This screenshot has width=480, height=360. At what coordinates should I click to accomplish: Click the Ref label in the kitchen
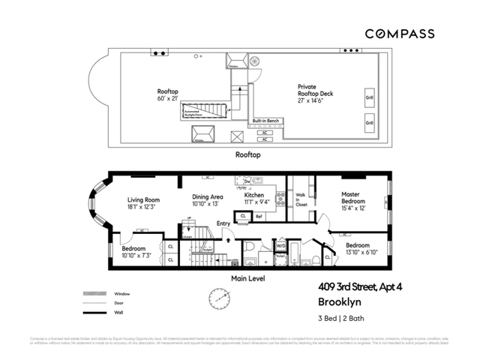point(259,217)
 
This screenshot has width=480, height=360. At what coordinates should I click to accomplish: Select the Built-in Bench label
point(265,120)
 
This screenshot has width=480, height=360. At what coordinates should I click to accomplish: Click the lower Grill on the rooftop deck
point(369,122)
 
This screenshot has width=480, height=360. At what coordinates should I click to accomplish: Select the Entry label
point(223,223)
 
